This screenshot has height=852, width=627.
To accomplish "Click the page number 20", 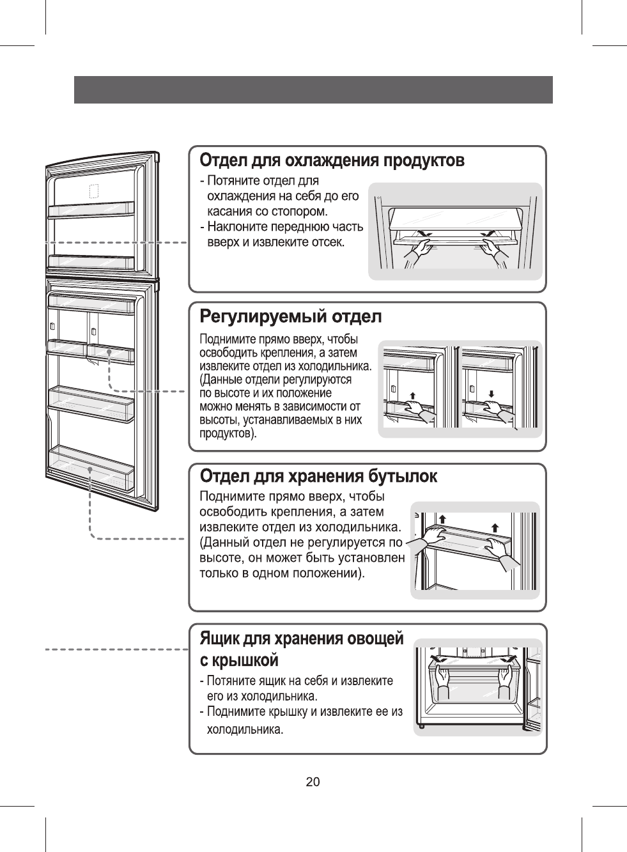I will pos(313,782).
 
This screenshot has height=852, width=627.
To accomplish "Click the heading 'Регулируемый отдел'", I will pos(291,316).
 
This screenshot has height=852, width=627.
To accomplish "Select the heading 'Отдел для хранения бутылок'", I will pos(319,477).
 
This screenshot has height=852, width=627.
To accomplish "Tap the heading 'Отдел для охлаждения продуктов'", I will pos(332,160).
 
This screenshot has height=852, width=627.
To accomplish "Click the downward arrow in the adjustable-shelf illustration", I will pos(490,393).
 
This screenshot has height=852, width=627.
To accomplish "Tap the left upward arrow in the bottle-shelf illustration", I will pos(441,518).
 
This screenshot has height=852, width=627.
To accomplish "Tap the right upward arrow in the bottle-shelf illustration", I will pos(495,527).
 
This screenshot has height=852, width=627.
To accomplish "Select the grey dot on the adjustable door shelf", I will pos(109,352).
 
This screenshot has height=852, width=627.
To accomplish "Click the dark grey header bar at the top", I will pos(313,89).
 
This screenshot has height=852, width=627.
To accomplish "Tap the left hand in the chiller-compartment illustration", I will pos(419,249).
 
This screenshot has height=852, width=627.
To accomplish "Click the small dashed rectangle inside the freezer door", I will pos(93,192).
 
